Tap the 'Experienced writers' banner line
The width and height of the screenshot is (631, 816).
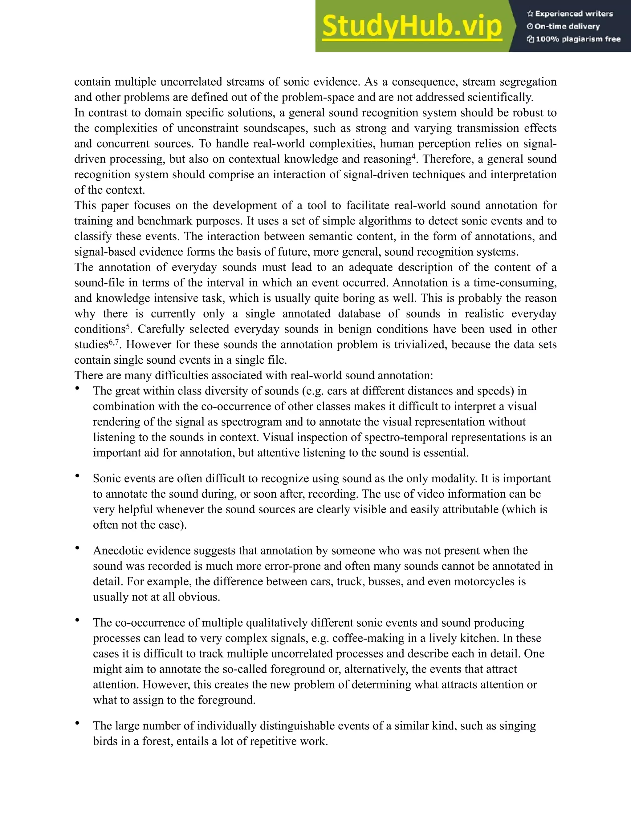pos(570,14)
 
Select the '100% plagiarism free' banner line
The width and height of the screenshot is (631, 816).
pos(573,39)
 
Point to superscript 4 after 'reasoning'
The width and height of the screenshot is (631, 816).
pos(413,156)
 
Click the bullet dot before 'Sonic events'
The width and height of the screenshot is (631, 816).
pos(77,476)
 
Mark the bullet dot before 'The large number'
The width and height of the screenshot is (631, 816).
pos(77,723)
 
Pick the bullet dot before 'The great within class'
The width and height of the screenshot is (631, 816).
pos(77,389)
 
